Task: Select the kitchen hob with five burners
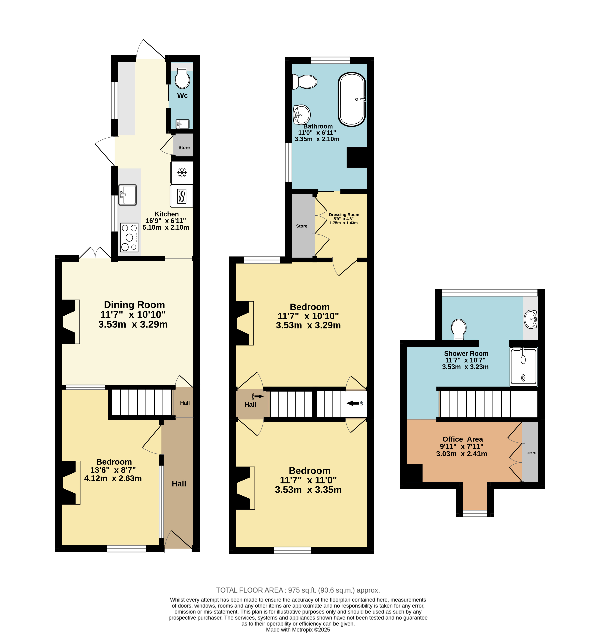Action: (x=129, y=237)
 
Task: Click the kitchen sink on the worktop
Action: (x=128, y=195)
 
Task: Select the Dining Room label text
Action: (x=134, y=305)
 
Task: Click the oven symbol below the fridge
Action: (x=182, y=196)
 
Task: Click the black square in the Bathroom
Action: (x=357, y=157)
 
